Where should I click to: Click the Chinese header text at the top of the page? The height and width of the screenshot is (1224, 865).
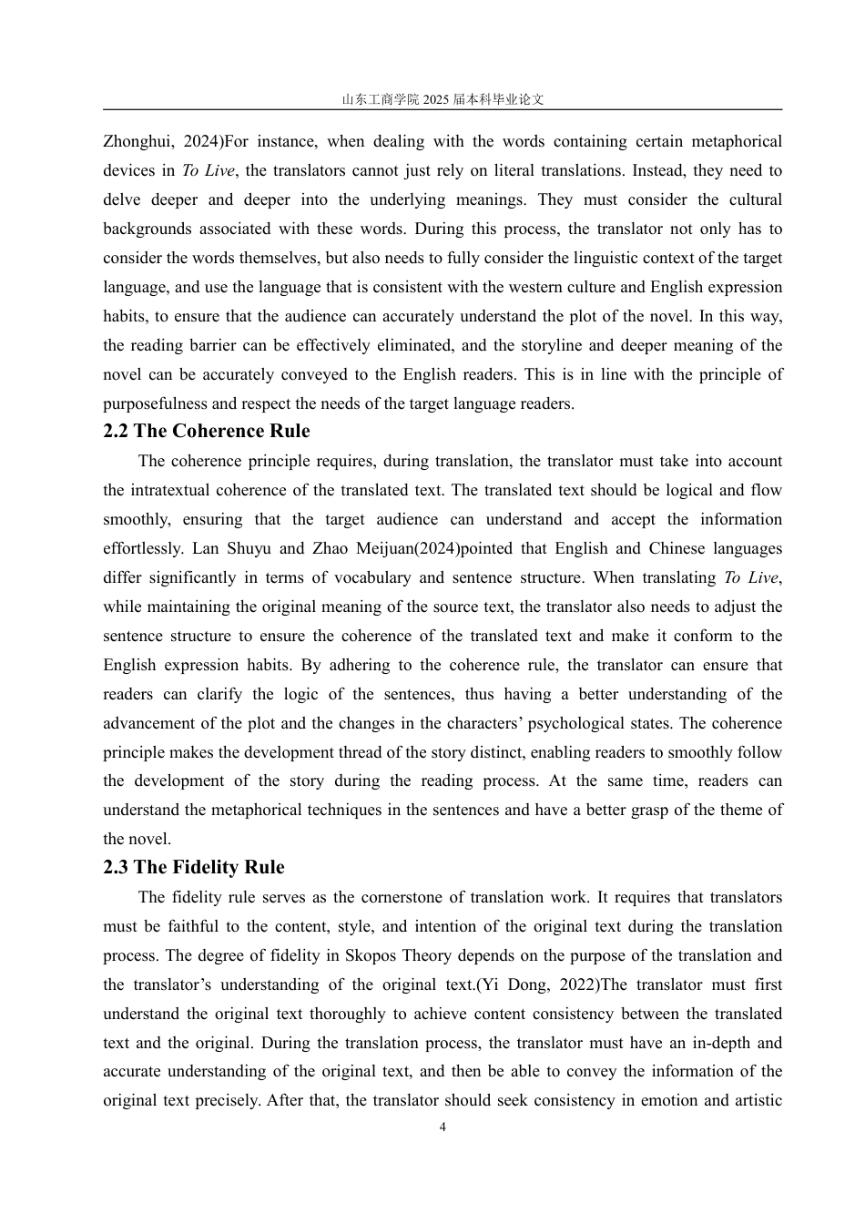point(443,99)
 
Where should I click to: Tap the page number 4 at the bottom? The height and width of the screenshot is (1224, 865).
point(443,1127)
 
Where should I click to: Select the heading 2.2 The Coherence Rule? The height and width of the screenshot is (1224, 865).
point(206,432)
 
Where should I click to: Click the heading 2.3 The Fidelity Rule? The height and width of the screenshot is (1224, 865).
point(193,868)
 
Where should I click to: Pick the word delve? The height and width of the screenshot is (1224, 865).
point(122,200)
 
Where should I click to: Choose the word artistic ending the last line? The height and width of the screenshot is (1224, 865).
point(752,1101)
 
